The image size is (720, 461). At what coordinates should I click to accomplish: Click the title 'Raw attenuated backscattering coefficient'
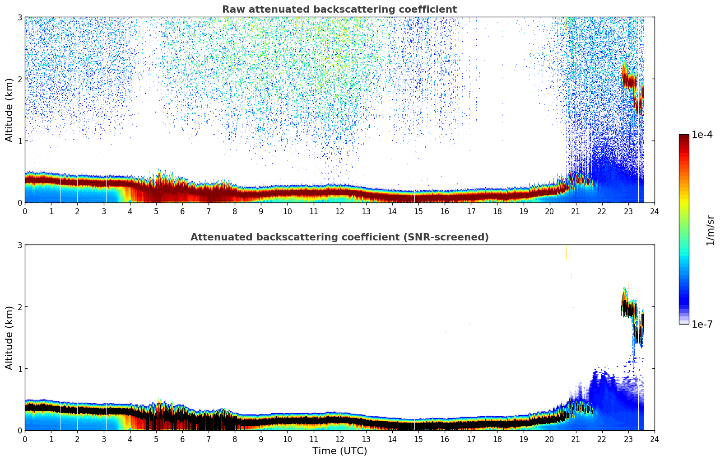point(339,9)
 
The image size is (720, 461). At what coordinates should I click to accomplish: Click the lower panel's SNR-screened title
point(339,237)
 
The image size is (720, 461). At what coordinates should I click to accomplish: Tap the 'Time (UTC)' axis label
point(339,451)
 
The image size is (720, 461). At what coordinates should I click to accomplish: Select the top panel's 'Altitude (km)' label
point(9,110)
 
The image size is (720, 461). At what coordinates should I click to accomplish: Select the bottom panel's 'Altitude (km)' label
point(9,338)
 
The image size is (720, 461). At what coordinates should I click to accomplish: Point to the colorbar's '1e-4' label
point(702,135)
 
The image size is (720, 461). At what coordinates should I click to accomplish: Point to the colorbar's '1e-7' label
point(702,324)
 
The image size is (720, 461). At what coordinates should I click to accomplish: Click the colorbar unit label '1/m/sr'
point(710,230)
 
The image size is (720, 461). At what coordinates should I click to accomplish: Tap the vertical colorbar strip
point(684,229)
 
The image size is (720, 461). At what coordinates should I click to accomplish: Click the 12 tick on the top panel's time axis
point(339,211)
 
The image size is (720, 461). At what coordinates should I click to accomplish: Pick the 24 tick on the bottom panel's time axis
point(655,439)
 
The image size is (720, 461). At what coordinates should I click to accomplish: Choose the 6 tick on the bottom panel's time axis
point(182,439)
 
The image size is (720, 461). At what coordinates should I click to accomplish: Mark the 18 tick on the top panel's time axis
point(497,211)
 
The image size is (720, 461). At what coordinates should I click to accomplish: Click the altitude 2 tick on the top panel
point(19,79)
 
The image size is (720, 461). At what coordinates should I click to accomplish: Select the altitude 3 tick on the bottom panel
point(19,245)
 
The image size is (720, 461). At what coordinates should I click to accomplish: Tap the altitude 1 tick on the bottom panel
point(19,369)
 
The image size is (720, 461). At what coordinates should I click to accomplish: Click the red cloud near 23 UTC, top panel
point(629,81)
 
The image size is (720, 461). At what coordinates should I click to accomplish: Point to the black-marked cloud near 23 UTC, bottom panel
point(629,310)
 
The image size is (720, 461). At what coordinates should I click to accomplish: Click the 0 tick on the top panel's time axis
point(25,211)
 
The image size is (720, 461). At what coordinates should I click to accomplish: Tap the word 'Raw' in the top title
point(232,9)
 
